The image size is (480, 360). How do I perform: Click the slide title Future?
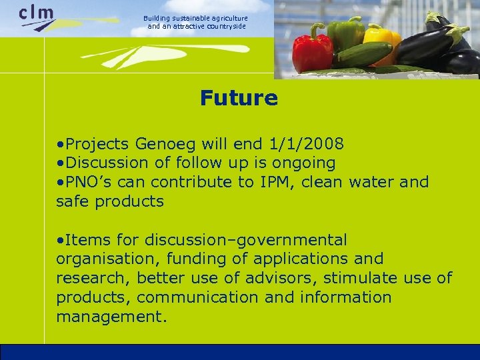click(239, 99)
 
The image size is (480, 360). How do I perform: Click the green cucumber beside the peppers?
click(363, 55)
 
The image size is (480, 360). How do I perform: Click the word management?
click(111, 317)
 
